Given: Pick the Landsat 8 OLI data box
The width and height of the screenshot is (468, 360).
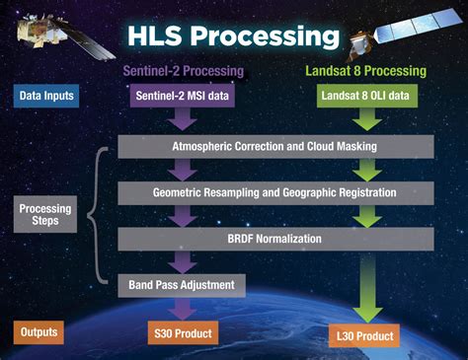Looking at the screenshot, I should click(363, 96).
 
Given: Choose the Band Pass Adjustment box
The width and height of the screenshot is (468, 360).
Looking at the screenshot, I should click(182, 285).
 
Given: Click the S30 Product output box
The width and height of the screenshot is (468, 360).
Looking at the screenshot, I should click(181, 332).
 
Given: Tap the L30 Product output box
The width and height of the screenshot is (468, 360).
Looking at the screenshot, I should click(363, 337).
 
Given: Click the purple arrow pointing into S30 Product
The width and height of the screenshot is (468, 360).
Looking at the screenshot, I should click(181, 310).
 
